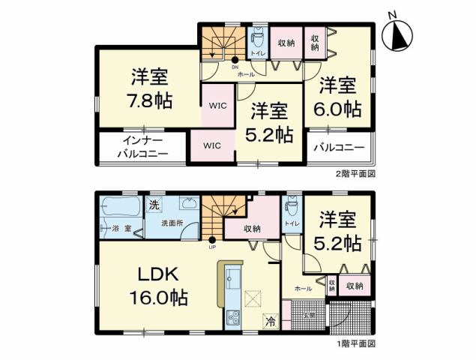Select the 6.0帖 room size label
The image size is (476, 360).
pos(339,108)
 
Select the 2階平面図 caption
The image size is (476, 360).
pos(355,173)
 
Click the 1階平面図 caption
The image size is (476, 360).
pos(355,343)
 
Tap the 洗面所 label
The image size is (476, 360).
pos(171,224)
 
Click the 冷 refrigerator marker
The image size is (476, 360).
pos(269,319)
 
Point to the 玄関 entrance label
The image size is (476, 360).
pos(309,314)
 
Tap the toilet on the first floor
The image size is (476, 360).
pos(292,205)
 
